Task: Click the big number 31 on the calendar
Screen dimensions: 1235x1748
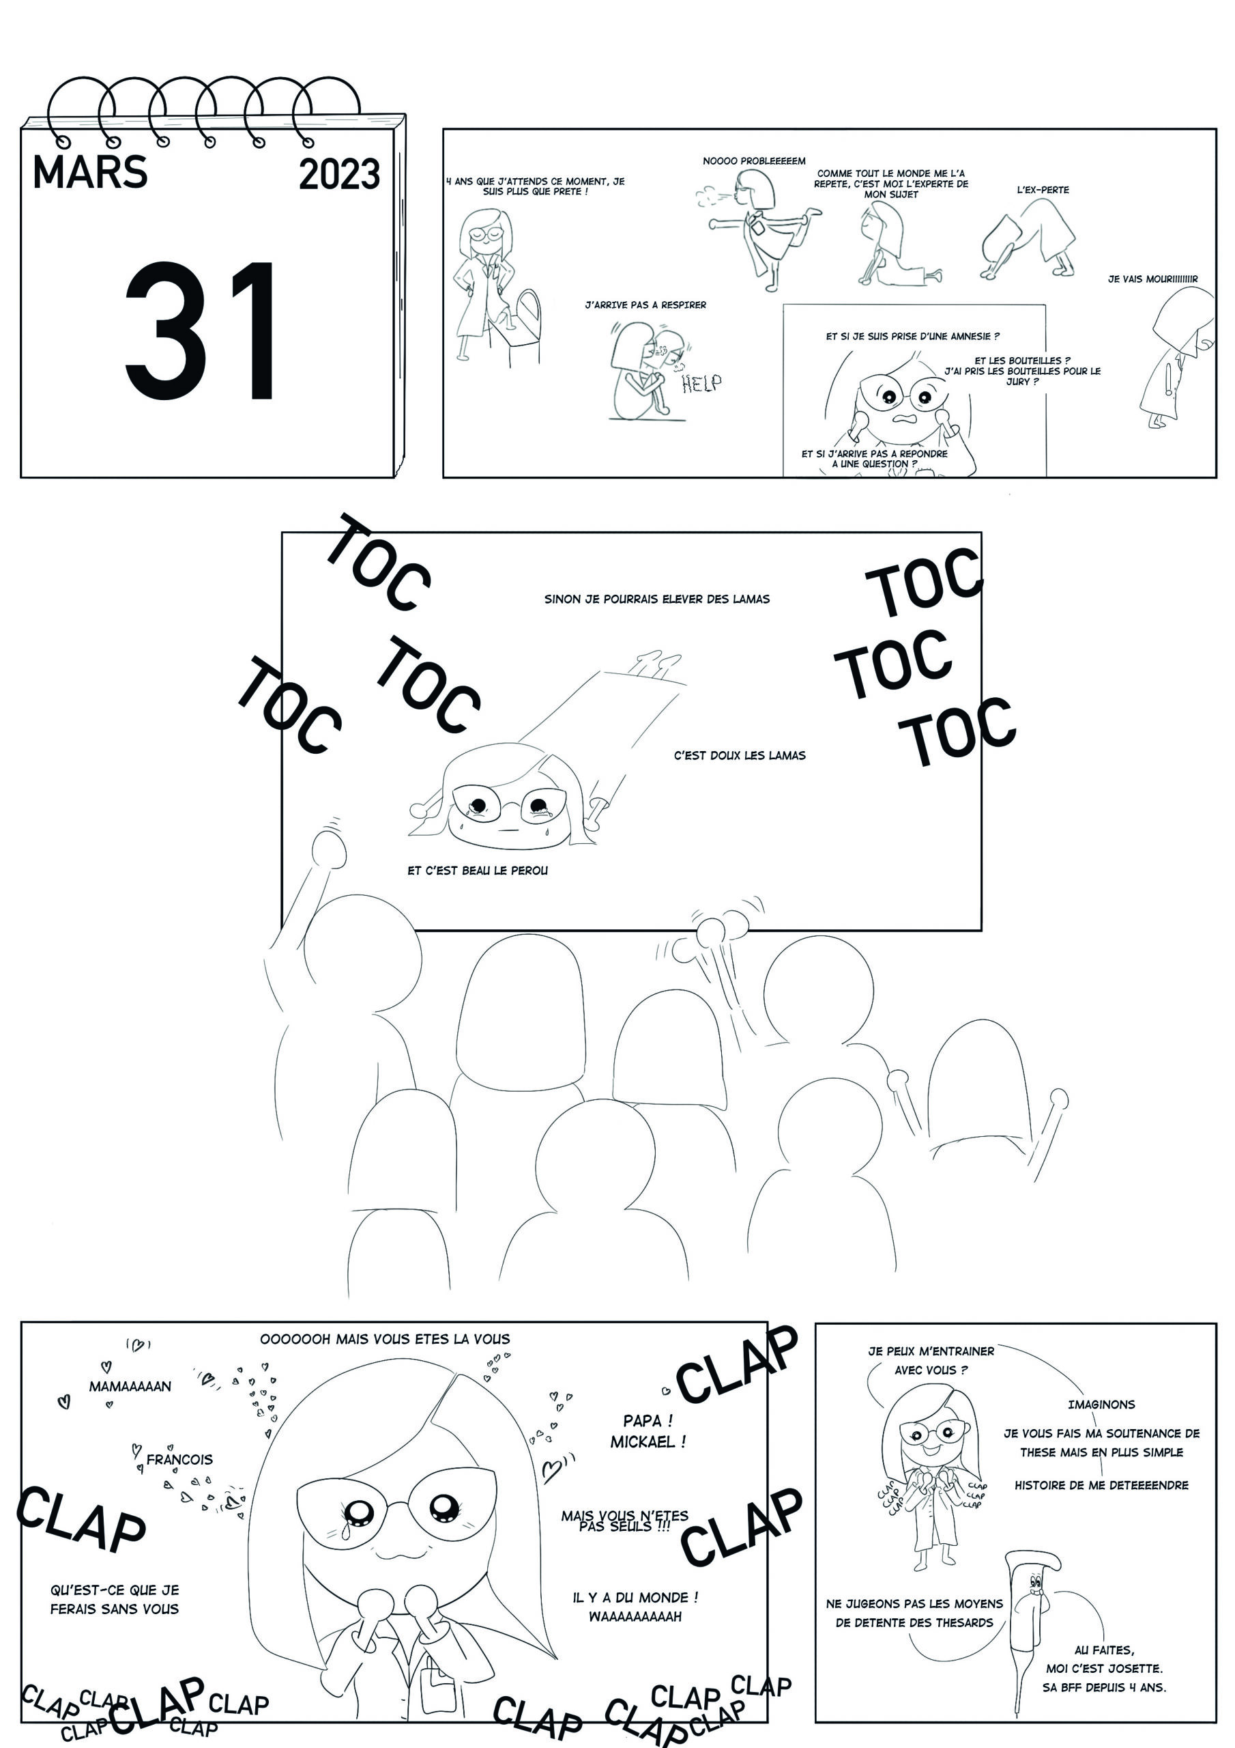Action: (x=199, y=331)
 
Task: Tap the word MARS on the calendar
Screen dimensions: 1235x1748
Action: (x=90, y=172)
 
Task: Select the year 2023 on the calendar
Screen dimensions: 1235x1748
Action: (x=339, y=174)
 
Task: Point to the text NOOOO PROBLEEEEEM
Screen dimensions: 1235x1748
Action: (x=753, y=161)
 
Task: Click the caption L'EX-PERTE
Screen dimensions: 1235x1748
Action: (x=1043, y=190)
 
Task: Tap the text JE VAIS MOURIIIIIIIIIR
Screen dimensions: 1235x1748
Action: (x=1152, y=279)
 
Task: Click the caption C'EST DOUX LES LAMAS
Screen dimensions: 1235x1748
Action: (x=740, y=756)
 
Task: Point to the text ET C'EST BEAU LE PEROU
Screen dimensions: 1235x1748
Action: (x=477, y=870)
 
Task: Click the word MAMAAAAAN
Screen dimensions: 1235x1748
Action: (x=130, y=1386)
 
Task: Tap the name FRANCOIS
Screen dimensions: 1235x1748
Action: (x=179, y=1459)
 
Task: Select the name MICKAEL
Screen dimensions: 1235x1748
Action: (x=648, y=1441)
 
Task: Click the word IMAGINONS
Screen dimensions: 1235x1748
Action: (x=1101, y=1405)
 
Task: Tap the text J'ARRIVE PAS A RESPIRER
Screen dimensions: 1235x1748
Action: (x=645, y=305)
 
